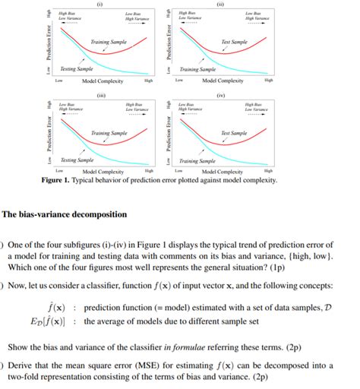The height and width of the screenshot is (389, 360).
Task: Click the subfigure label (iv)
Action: tap(220, 95)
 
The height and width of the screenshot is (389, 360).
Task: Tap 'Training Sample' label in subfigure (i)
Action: tap(109, 41)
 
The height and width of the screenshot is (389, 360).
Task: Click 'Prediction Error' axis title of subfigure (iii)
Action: tap(48, 137)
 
